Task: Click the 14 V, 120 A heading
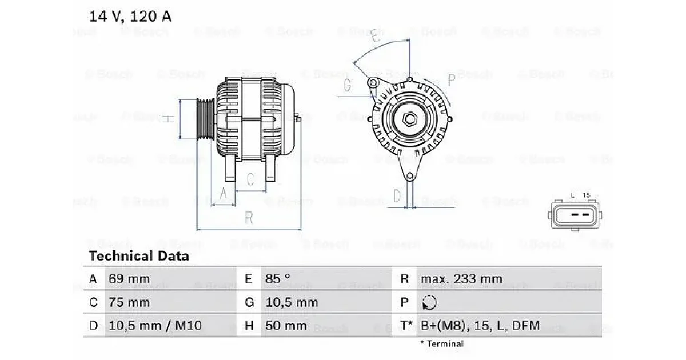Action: [x=130, y=16]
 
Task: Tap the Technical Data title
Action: [x=139, y=256]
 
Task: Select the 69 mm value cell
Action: [x=129, y=279]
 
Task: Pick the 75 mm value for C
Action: [x=129, y=302]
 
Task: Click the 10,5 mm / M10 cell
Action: [x=155, y=325]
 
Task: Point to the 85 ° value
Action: [x=277, y=279]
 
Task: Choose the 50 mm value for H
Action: [x=286, y=325]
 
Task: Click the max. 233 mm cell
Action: [x=461, y=279]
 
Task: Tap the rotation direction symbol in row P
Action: [x=429, y=302]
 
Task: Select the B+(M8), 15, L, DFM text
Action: [x=480, y=325]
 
